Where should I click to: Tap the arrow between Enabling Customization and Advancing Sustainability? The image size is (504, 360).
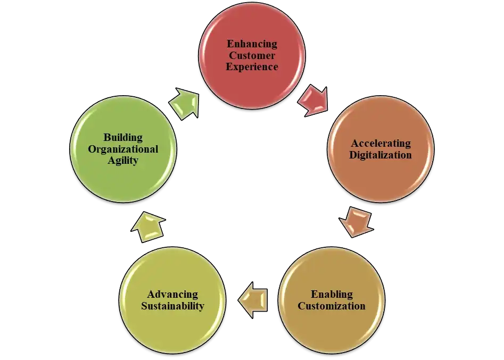click(x=253, y=300)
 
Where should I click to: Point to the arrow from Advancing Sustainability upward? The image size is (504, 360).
click(x=147, y=226)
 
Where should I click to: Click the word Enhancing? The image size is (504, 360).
click(x=252, y=44)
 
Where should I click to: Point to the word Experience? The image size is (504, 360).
click(x=252, y=67)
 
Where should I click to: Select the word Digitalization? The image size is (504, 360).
click(x=381, y=155)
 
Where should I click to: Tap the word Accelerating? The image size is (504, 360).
click(x=381, y=144)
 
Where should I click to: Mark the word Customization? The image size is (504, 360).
click(x=331, y=306)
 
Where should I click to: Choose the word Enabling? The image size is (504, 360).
click(x=331, y=295)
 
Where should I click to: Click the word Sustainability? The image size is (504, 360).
click(x=172, y=306)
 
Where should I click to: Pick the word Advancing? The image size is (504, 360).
click(x=172, y=295)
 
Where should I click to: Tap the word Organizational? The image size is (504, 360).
click(x=123, y=149)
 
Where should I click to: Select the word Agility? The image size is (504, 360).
click(x=123, y=160)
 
